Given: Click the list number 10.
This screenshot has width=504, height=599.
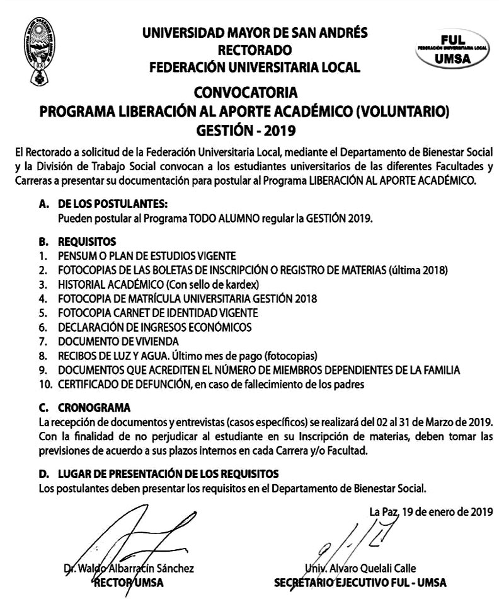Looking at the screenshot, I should [x=43, y=383].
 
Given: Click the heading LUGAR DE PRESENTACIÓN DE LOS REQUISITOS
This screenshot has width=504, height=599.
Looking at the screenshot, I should [x=168, y=474].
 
